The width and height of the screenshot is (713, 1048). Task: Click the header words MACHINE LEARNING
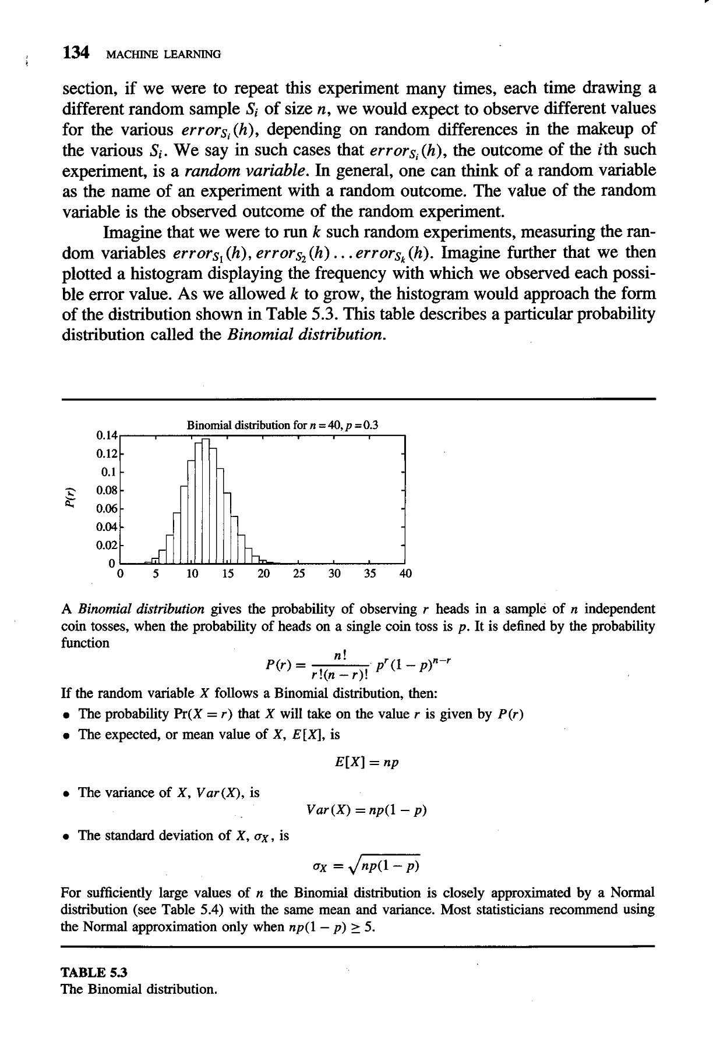tap(163, 55)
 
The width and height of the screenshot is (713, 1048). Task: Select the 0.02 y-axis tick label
tap(107, 546)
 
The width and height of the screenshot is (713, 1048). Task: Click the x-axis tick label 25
tap(299, 573)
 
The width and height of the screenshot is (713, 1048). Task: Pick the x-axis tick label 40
tap(405, 573)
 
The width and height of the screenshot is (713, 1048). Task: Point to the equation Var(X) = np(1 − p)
tap(366, 810)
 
